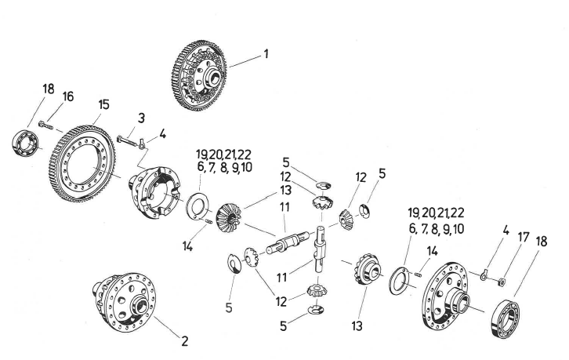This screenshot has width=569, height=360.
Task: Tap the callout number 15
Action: [103, 104]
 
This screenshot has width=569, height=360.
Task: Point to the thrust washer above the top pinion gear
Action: [324, 185]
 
